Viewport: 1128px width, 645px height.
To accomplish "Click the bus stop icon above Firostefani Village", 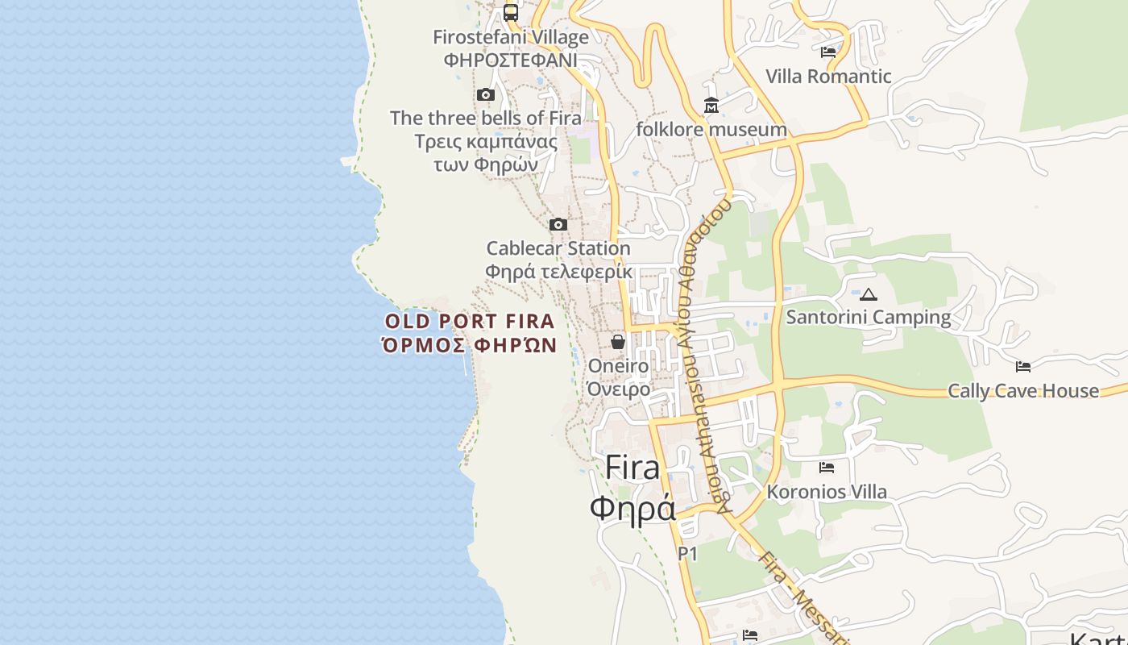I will point(511,13).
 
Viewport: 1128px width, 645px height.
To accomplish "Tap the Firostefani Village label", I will point(511,37).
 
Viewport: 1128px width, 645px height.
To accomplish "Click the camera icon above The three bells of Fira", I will point(485,95).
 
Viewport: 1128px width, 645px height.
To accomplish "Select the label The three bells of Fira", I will point(485,118).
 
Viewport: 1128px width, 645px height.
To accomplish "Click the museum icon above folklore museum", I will point(711,106).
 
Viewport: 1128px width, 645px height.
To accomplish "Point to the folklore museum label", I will point(711,129).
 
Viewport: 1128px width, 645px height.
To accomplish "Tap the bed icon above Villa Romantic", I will point(827,52).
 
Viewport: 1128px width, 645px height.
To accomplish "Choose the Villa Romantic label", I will point(828,77).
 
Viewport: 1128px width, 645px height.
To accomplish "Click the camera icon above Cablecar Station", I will point(558,224).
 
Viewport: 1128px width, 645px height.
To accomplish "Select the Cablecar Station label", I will point(558,248).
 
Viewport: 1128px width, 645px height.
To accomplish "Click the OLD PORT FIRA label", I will point(470,322).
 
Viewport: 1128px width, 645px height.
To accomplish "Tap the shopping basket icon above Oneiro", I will point(618,342).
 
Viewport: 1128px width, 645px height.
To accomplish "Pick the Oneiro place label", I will point(618,366).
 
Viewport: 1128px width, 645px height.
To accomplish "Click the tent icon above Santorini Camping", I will point(869,294).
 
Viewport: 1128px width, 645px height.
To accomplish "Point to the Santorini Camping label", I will point(869,317).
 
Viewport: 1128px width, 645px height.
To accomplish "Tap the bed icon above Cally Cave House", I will point(1023,367).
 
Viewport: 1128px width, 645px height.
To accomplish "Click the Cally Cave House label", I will point(1023,391).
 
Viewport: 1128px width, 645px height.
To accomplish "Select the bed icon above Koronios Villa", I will point(827,468).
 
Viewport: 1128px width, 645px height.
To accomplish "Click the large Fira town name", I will point(632,468).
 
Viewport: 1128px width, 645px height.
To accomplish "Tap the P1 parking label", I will point(687,554).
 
